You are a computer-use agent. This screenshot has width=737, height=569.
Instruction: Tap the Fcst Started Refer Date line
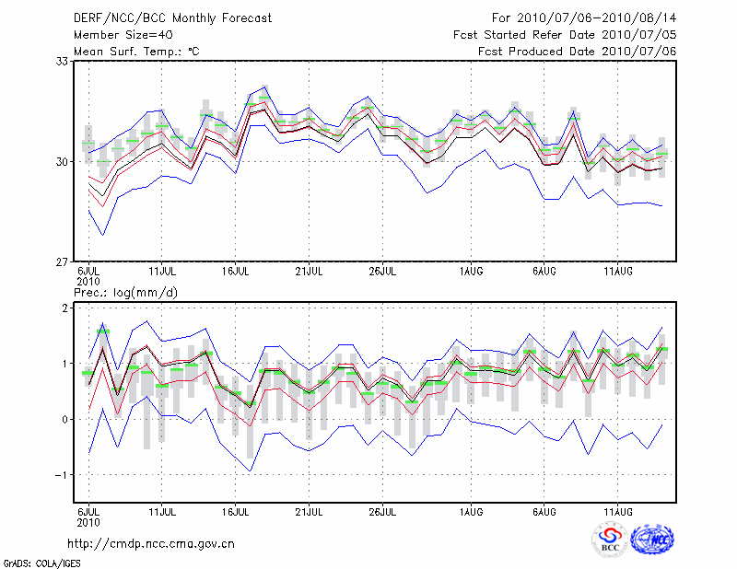coord(565,34)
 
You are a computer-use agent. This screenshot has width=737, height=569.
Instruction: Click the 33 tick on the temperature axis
coord(63,62)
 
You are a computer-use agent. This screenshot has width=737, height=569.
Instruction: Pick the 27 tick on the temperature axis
coord(63,262)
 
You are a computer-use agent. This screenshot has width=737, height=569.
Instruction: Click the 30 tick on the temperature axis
coord(63,162)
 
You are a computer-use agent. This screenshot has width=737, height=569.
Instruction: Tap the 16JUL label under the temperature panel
coord(237,273)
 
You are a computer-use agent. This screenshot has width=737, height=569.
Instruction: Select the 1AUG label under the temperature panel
coord(472,273)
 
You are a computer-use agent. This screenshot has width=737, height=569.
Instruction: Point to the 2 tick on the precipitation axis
coord(65,308)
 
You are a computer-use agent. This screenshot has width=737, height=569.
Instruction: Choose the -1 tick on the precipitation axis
coord(63,475)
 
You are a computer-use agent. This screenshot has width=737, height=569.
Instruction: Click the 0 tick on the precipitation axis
coord(65,420)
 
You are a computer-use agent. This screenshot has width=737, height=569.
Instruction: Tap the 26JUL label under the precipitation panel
coord(382,509)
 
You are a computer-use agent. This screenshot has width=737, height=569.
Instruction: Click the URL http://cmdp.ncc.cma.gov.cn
coord(151,544)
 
